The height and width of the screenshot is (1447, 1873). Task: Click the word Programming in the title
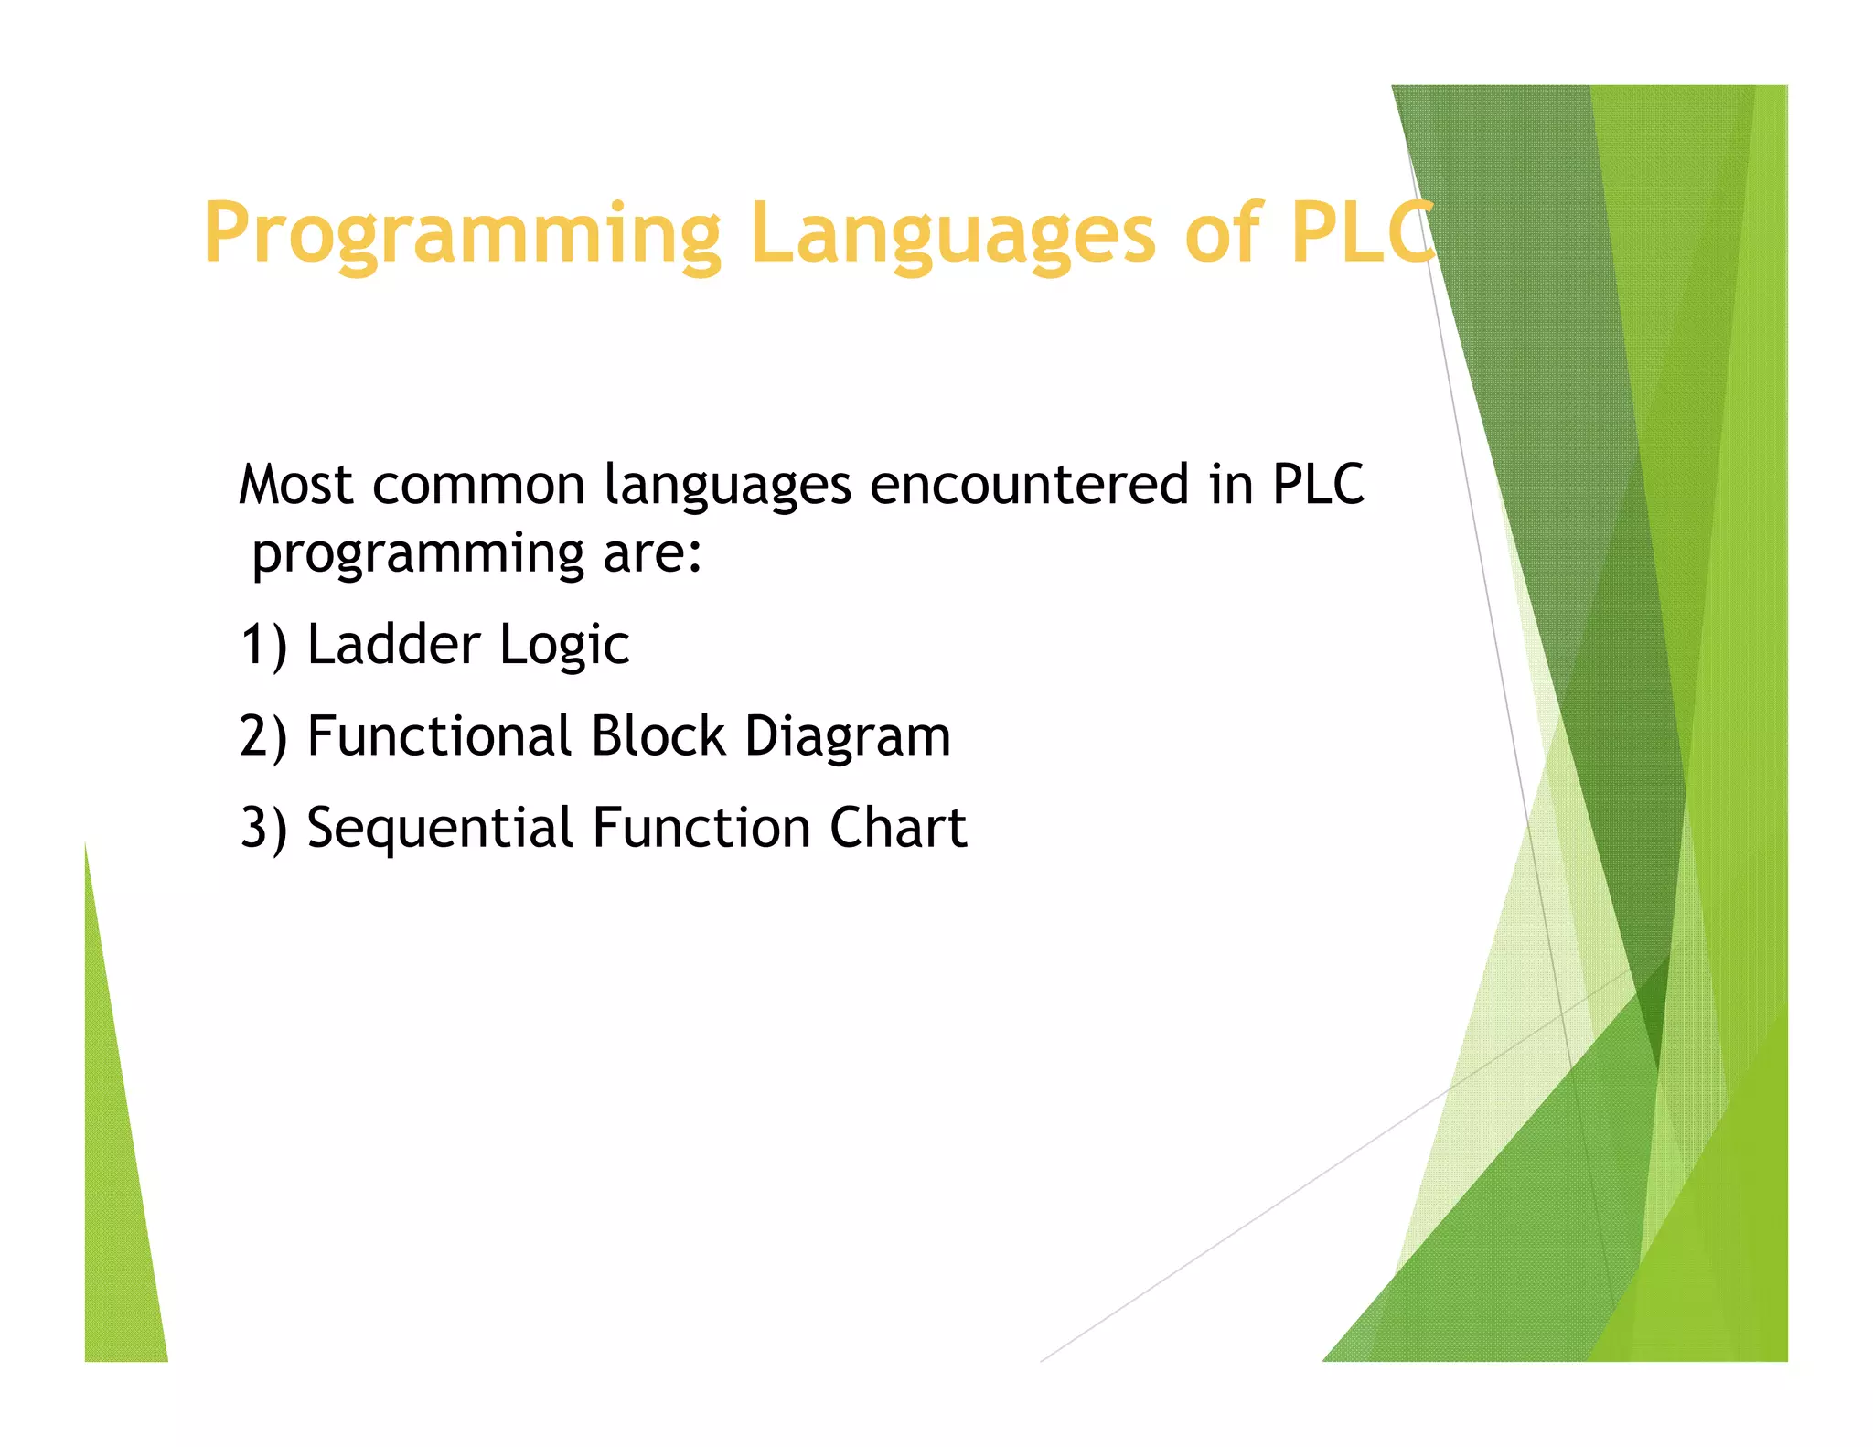point(462,234)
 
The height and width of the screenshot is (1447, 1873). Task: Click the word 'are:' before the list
point(652,554)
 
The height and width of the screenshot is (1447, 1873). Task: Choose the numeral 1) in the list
point(263,645)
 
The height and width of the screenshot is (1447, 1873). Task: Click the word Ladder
point(393,645)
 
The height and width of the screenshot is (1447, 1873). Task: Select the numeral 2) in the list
point(263,736)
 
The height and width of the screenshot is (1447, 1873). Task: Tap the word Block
point(658,736)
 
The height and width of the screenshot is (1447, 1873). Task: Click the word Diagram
point(848,738)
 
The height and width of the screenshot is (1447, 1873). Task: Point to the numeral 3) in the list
point(263,828)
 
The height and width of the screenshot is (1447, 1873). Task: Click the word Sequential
point(439,830)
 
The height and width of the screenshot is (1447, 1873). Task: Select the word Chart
point(898,828)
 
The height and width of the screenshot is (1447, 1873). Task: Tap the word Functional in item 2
point(439,736)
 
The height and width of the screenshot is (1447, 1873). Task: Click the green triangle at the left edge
point(119,1189)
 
